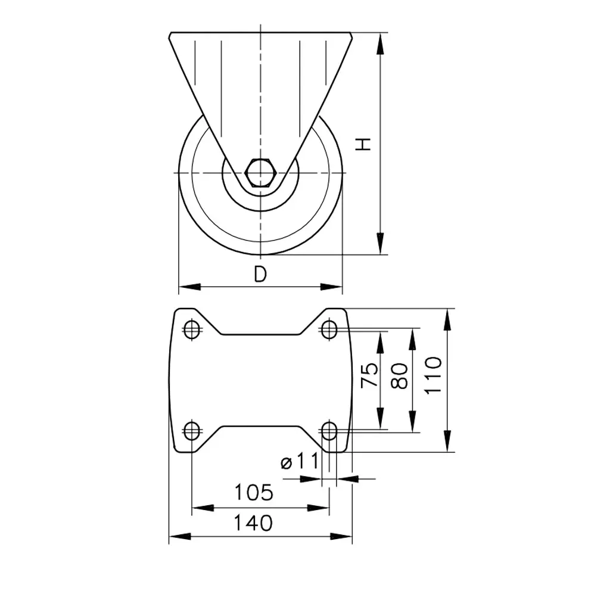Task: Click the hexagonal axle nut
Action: pyautogui.click(x=260, y=173)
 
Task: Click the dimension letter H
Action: pyautogui.click(x=364, y=144)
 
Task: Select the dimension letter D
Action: pyautogui.click(x=260, y=274)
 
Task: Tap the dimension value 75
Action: pyautogui.click(x=369, y=375)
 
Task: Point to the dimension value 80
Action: pyautogui.click(x=400, y=376)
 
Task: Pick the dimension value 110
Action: pyautogui.click(x=433, y=375)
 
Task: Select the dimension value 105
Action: pyautogui.click(x=254, y=492)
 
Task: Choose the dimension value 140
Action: pyautogui.click(x=253, y=522)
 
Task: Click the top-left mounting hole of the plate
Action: pyautogui.click(x=192, y=329)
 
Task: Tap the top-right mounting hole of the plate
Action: pyautogui.click(x=329, y=329)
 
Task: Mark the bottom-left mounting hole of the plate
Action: pyautogui.click(x=192, y=430)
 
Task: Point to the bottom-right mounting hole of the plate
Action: pyautogui.click(x=329, y=431)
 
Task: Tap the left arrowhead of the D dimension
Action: pyautogui.click(x=189, y=287)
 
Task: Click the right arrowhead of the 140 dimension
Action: pyautogui.click(x=341, y=536)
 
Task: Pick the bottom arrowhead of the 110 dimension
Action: pyautogui.click(x=447, y=441)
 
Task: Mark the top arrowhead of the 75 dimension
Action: pyautogui.click(x=381, y=343)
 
